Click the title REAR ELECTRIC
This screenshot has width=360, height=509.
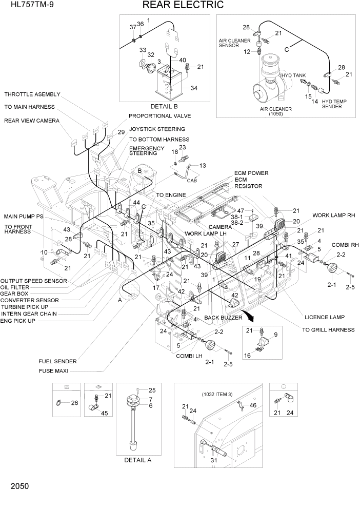pos(183,6)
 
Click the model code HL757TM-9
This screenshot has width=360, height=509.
pos(25,6)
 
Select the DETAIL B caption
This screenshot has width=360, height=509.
pos(164,106)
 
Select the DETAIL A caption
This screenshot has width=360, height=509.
pos(137,460)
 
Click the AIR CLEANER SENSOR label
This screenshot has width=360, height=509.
pos(235,43)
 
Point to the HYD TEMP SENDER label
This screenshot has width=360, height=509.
pos(334,104)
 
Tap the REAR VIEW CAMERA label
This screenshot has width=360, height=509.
pos(32,121)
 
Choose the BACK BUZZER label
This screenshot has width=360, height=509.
pos(223,318)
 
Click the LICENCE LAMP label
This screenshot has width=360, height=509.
pos(324,317)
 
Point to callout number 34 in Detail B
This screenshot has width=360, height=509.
pos(194,88)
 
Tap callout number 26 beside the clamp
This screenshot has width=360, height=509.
pos(74,403)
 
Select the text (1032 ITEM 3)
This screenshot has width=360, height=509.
pos(216,394)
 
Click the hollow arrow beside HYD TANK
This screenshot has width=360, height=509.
pos(303,81)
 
